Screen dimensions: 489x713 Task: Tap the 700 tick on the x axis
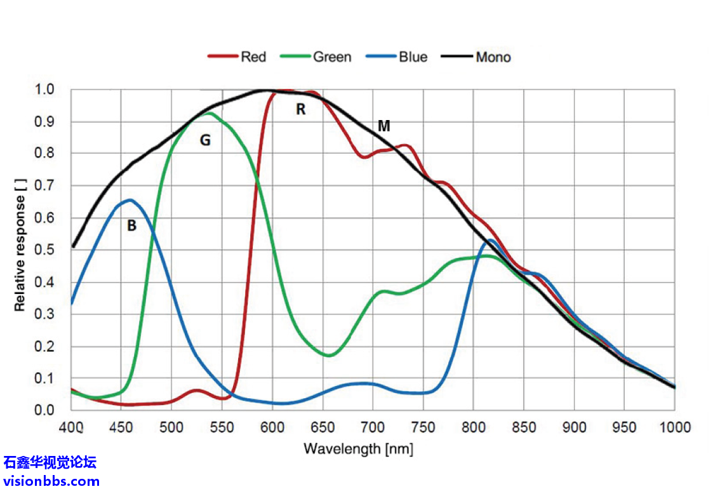tap(373, 426)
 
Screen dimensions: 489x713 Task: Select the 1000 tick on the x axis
tap(674, 426)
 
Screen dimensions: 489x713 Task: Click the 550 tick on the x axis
tap(222, 426)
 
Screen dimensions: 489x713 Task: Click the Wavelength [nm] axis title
tap(358, 449)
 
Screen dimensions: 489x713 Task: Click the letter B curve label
tap(131, 225)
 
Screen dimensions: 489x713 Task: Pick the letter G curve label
tap(205, 140)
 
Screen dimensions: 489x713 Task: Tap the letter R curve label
tap(301, 109)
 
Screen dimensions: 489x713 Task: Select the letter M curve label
tap(383, 126)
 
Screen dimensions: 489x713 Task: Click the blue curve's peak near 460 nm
tap(130, 200)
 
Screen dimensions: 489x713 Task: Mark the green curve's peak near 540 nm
tap(209, 113)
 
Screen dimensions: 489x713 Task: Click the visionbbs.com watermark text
tap(51, 481)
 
